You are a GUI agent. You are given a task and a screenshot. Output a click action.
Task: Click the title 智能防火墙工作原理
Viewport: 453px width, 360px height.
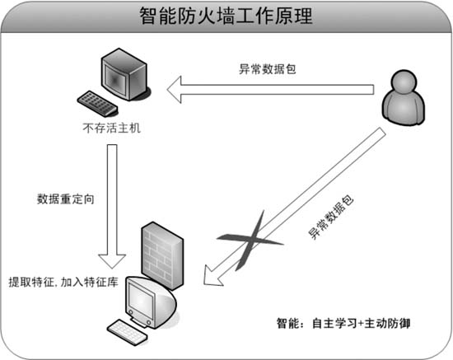click(x=226, y=16)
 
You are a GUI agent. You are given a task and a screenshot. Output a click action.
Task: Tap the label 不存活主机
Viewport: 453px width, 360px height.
click(x=111, y=128)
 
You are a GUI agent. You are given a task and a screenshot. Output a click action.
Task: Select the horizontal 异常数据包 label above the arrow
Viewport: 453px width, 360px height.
click(x=267, y=69)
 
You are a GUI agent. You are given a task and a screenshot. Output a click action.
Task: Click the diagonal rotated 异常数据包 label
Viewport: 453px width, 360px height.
click(x=331, y=217)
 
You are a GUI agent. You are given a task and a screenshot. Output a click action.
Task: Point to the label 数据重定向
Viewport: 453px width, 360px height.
click(x=66, y=199)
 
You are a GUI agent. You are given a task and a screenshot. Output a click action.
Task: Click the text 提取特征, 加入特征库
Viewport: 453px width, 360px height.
click(x=63, y=282)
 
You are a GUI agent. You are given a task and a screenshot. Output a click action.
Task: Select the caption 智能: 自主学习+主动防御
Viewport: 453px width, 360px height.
click(x=343, y=323)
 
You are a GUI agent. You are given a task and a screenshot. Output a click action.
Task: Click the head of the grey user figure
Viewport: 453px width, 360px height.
click(x=404, y=82)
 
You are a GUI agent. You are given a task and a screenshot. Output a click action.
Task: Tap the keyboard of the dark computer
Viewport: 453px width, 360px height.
click(x=97, y=104)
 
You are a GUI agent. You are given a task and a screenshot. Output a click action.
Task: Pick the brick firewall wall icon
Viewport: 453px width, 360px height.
click(x=162, y=255)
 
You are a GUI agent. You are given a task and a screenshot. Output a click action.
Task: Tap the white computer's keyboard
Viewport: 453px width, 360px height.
click(x=128, y=332)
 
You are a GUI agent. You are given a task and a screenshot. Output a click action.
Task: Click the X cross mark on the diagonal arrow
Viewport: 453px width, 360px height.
click(x=250, y=241)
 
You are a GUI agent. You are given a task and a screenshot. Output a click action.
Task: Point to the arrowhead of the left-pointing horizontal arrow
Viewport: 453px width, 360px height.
click(x=175, y=90)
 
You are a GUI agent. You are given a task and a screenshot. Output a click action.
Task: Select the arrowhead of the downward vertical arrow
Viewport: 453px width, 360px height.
click(x=112, y=261)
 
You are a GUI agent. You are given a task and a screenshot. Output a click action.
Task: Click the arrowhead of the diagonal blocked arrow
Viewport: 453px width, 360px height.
click(x=212, y=276)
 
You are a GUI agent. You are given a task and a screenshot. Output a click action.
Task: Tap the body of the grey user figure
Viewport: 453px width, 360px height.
click(x=404, y=108)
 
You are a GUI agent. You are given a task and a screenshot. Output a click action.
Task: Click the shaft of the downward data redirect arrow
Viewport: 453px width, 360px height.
click(x=112, y=199)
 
